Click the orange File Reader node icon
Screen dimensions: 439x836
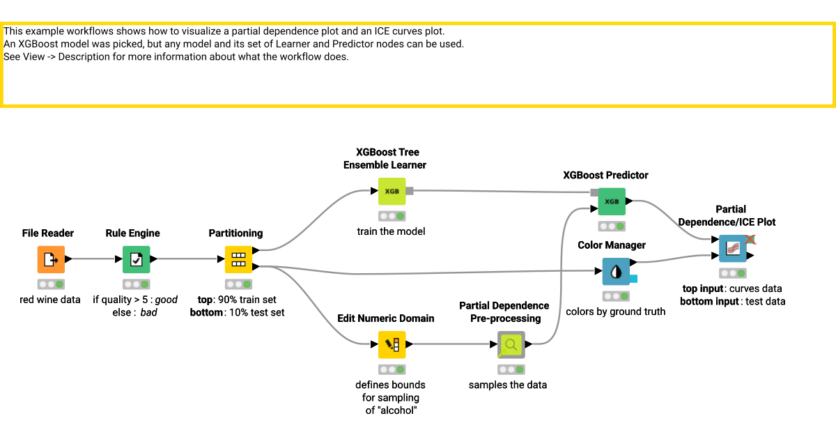click(x=50, y=260)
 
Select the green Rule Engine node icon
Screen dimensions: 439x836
click(x=136, y=260)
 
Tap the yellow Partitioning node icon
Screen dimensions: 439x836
click(x=238, y=260)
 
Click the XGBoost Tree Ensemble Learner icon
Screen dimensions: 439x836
click(x=392, y=191)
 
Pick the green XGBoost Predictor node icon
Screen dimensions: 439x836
click(x=611, y=201)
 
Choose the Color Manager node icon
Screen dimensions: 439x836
click(x=616, y=272)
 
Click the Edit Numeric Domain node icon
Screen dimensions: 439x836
click(x=392, y=344)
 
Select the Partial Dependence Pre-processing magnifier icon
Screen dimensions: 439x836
click(x=511, y=344)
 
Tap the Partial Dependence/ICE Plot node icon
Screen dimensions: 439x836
click(x=732, y=248)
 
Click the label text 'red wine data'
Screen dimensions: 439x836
click(x=50, y=300)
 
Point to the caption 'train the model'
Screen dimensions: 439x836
click(x=391, y=231)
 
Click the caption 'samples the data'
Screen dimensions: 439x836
click(x=507, y=385)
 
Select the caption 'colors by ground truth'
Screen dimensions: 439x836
click(x=615, y=311)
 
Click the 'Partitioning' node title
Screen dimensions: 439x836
click(x=235, y=233)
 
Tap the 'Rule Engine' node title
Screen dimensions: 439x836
click(x=132, y=233)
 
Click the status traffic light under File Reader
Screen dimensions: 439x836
click(x=50, y=284)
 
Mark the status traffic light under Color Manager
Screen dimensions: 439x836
click(x=616, y=296)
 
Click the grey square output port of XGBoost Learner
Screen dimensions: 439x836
click(x=410, y=191)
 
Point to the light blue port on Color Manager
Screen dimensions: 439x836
click(x=633, y=279)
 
